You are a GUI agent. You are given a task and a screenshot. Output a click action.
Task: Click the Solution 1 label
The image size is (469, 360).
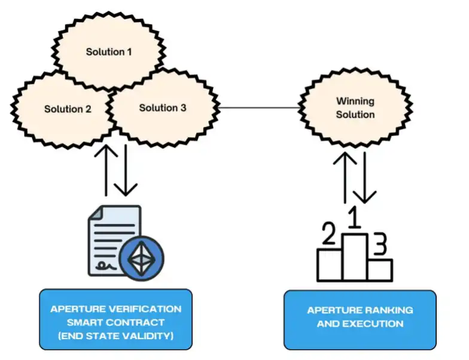click(x=109, y=52)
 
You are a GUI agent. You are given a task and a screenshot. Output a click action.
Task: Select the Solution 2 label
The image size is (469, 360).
click(x=68, y=109)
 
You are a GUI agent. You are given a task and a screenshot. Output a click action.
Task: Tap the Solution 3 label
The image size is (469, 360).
click(x=163, y=108)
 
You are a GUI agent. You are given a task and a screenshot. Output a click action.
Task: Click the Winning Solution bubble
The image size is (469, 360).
click(x=355, y=108)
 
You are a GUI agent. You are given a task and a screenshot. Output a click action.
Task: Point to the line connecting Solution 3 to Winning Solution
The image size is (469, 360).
click(x=259, y=108)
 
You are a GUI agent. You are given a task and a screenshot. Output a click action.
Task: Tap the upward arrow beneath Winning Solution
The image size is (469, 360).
click(x=345, y=177)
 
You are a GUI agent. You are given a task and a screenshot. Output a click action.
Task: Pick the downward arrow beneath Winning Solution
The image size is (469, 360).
click(x=364, y=177)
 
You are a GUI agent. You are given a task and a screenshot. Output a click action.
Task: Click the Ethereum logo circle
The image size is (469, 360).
click(x=142, y=258)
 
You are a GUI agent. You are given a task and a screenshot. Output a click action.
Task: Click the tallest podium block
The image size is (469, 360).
click(x=355, y=257)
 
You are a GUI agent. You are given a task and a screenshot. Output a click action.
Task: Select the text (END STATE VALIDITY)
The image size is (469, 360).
click(x=115, y=336)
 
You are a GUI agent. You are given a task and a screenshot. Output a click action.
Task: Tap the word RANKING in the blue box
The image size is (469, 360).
click(x=385, y=310)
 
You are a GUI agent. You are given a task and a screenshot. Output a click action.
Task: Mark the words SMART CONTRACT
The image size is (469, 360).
click(x=115, y=323)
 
